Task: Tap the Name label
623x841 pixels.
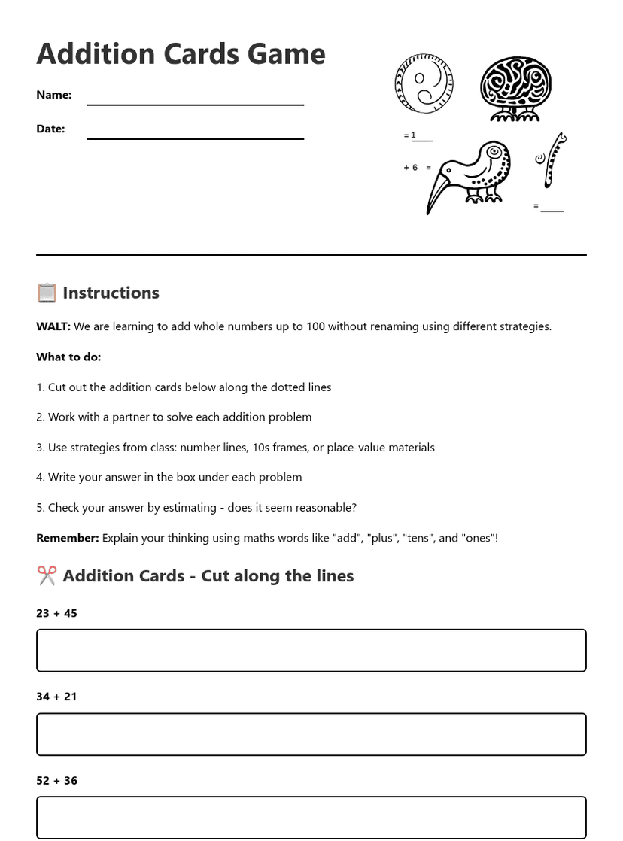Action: tap(53, 95)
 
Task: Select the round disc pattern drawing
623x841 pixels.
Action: tap(424, 83)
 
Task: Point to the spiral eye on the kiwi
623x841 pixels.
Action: tap(494, 153)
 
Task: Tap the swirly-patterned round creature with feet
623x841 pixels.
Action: tap(515, 87)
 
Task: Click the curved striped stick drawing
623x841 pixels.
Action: tap(555, 159)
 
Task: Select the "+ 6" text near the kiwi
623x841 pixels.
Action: tap(411, 168)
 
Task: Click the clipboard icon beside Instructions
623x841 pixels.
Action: tap(47, 293)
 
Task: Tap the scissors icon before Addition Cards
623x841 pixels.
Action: tap(47, 576)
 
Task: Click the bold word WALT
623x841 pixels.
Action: tap(53, 326)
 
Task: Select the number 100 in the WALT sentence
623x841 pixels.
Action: tap(316, 326)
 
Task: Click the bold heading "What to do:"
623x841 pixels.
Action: tap(68, 357)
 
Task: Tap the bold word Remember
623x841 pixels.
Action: tap(67, 538)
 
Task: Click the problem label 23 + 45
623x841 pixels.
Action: tap(56, 613)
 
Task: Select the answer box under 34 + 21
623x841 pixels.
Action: tap(311, 734)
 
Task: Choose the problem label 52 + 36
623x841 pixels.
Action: tap(56, 781)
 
